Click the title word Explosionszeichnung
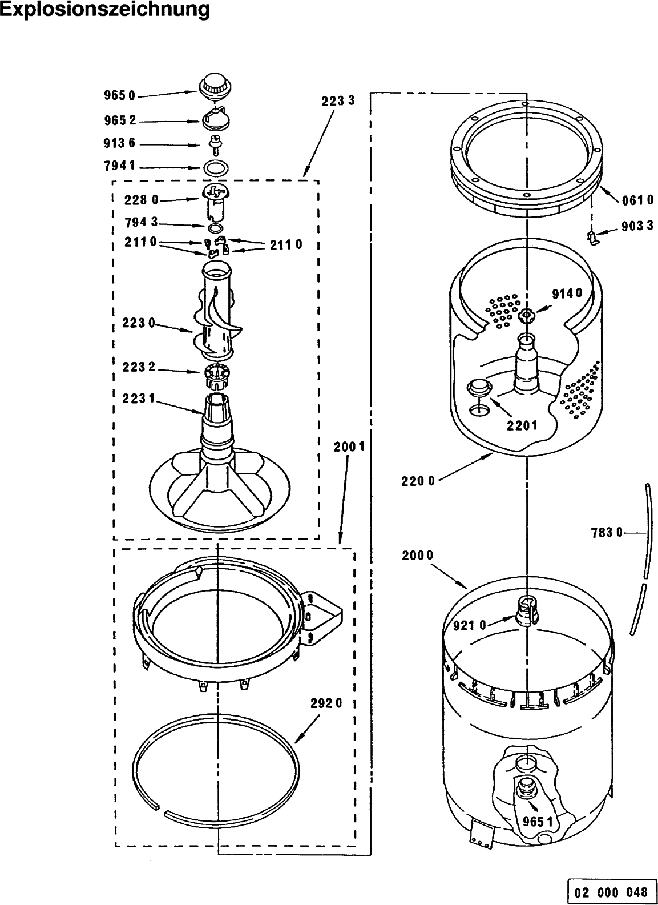coord(105,9)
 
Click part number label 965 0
coord(120,96)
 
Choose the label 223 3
coord(338,100)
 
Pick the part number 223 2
coord(139,367)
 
